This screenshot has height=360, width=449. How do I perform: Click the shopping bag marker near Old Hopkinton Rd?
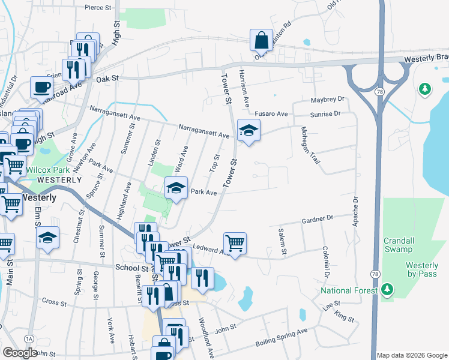pyautogui.click(x=262, y=41)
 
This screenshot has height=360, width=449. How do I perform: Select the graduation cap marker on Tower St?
pyautogui.click(x=247, y=130)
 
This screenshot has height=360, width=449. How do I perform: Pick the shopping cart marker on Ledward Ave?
pyautogui.click(x=235, y=243)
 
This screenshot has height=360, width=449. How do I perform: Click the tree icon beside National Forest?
pyautogui.click(x=388, y=290)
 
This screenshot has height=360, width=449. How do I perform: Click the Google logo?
pyautogui.click(x=20, y=353)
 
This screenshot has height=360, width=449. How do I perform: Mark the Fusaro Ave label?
pyautogui.click(x=271, y=113)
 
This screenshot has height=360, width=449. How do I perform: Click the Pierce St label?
pyautogui.click(x=98, y=7)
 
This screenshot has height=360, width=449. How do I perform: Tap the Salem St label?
pyautogui.click(x=281, y=241)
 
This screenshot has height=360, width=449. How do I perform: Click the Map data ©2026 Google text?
pyautogui.click(x=412, y=355)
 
